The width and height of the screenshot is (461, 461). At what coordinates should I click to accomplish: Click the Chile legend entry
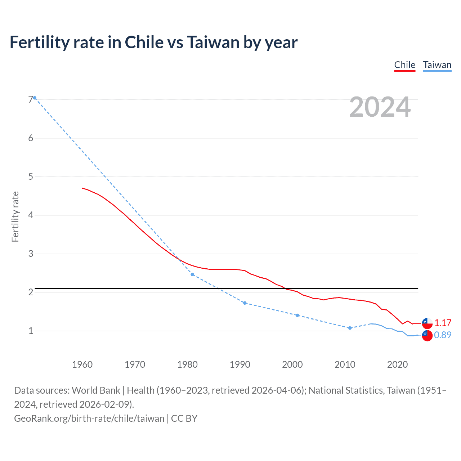pyautogui.click(x=404, y=65)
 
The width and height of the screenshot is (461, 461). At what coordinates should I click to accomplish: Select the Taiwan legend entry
pyautogui.click(x=437, y=65)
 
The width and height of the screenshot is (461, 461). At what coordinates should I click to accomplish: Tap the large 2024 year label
pyautogui.click(x=380, y=107)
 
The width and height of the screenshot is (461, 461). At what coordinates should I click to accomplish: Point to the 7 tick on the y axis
pyautogui.click(x=31, y=99)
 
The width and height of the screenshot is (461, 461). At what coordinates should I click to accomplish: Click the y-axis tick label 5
pyautogui.click(x=31, y=176)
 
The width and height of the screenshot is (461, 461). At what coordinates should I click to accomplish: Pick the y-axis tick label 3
pyautogui.click(x=31, y=254)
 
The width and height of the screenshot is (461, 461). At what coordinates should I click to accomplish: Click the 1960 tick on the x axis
pyautogui.click(x=82, y=364)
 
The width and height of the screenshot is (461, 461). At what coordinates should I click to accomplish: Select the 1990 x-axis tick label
pyautogui.click(x=240, y=364)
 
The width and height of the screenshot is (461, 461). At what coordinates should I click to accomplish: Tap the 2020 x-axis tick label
pyautogui.click(x=397, y=364)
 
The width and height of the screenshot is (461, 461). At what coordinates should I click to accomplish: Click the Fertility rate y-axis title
pyautogui.click(x=15, y=216)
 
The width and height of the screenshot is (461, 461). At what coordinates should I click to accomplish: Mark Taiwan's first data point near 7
pyautogui.click(x=35, y=98)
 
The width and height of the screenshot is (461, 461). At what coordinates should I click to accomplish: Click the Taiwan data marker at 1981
pyautogui.click(x=192, y=274)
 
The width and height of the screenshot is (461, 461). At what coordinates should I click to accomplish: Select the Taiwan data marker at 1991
pyautogui.click(x=245, y=303)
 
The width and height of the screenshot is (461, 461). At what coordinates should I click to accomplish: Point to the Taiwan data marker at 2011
pyautogui.click(x=350, y=328)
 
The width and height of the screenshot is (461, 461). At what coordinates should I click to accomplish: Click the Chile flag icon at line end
pyautogui.click(x=427, y=323)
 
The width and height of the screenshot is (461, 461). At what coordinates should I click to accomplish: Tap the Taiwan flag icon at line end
pyautogui.click(x=427, y=335)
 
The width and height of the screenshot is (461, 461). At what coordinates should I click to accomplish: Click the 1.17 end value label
pyautogui.click(x=443, y=323)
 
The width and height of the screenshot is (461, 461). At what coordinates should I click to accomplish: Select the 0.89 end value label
pyautogui.click(x=443, y=335)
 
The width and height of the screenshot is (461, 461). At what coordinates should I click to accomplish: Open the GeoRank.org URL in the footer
pyautogui.click(x=89, y=419)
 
